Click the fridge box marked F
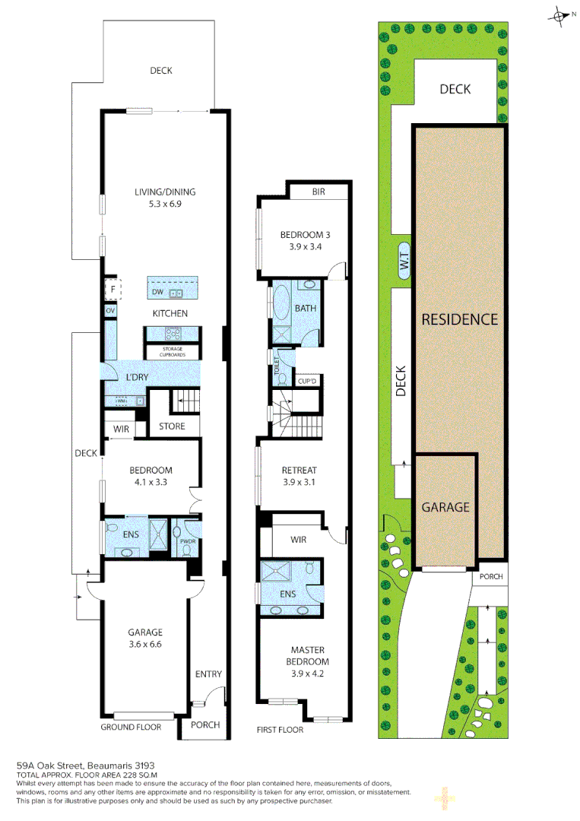coord(109,290)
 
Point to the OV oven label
coord(109,311)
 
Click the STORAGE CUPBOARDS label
coord(173,352)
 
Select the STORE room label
coord(172,426)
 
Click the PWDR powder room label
coord(186,541)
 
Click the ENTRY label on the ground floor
coord(208,674)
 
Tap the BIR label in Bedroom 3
coord(318,192)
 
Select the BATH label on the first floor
coord(306,309)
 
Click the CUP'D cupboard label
coord(307,381)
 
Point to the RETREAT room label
coord(298,470)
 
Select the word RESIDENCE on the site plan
coord(459,319)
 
